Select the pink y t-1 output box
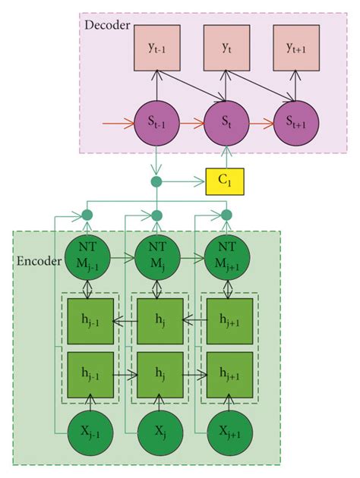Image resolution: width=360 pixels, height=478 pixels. coord(157,46)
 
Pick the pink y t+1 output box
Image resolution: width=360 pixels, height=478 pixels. coord(292,46)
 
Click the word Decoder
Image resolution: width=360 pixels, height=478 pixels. coord(107,25)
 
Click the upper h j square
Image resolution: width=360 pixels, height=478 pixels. coord(157,321)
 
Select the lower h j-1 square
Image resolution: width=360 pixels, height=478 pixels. coord(90,375)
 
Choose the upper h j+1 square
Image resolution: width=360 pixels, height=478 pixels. coord(226,321)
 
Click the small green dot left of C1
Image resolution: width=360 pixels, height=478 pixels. coord(157,182)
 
